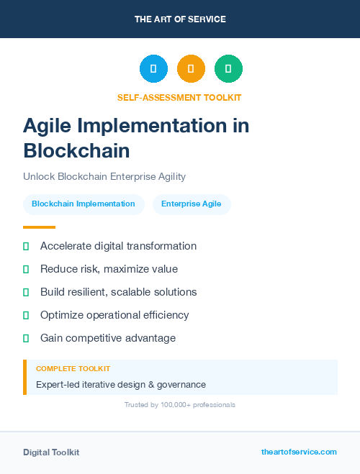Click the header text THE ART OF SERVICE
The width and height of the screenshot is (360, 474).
(x=180, y=19)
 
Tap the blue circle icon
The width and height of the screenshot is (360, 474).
(x=153, y=69)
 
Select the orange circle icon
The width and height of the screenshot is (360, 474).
(x=191, y=69)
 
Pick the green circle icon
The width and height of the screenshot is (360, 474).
(x=228, y=69)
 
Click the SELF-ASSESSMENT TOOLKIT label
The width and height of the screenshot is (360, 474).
(x=179, y=97)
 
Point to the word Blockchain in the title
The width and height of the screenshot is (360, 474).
(x=76, y=150)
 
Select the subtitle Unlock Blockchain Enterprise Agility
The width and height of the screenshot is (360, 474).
(x=104, y=176)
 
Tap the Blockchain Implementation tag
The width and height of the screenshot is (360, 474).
(x=84, y=204)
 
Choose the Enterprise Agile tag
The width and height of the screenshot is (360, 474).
(x=192, y=204)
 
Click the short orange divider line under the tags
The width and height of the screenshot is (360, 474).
(x=39, y=227)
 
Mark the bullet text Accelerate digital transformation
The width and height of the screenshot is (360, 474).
(x=118, y=246)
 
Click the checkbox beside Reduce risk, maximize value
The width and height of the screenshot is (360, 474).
(x=26, y=269)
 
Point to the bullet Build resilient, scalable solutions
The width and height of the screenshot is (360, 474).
(x=118, y=292)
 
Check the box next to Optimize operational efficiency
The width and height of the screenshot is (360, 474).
(x=26, y=315)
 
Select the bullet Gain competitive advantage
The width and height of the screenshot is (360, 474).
(x=108, y=338)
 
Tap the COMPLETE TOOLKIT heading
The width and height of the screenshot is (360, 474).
(x=73, y=368)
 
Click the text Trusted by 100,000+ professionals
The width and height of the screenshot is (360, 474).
(x=180, y=405)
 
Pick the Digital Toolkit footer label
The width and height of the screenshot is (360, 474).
(x=51, y=452)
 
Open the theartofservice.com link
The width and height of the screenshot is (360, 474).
(x=299, y=452)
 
